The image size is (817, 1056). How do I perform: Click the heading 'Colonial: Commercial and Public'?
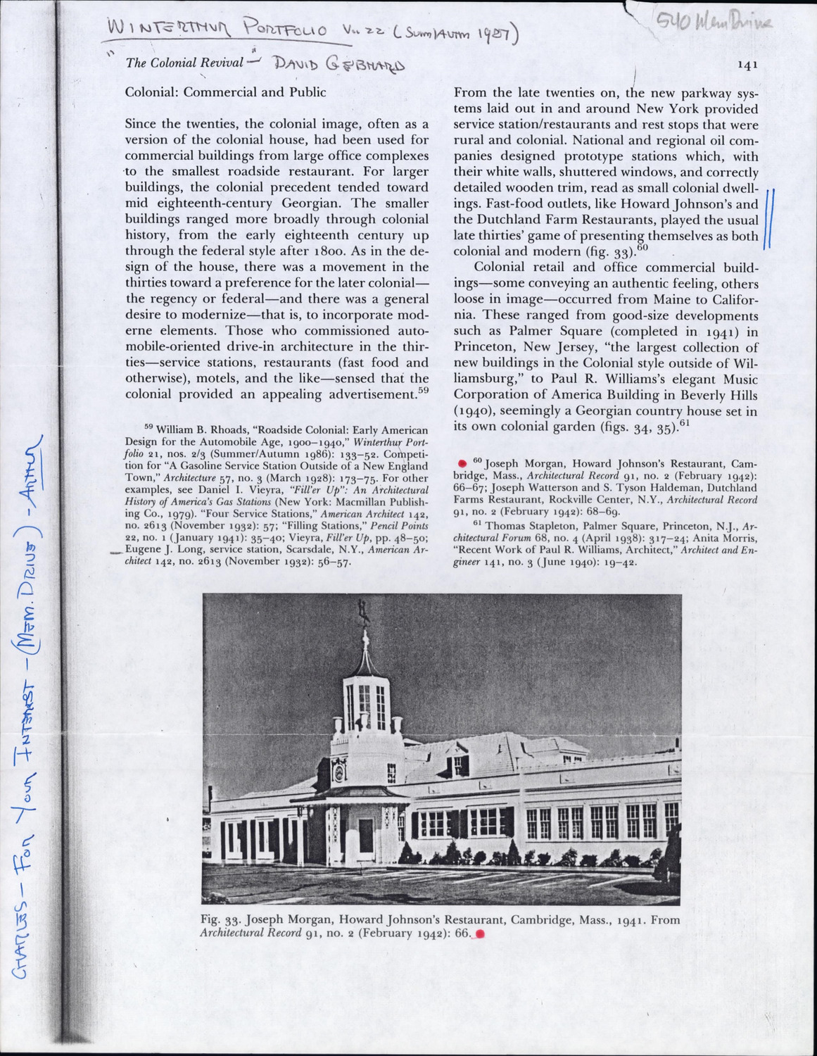coord(225,92)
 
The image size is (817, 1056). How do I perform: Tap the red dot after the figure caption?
coord(481,934)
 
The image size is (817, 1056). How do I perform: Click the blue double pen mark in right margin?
coord(768,218)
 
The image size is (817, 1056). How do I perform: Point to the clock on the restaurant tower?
coord(339,772)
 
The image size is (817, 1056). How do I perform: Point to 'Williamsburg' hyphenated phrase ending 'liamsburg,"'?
coord(490,379)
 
